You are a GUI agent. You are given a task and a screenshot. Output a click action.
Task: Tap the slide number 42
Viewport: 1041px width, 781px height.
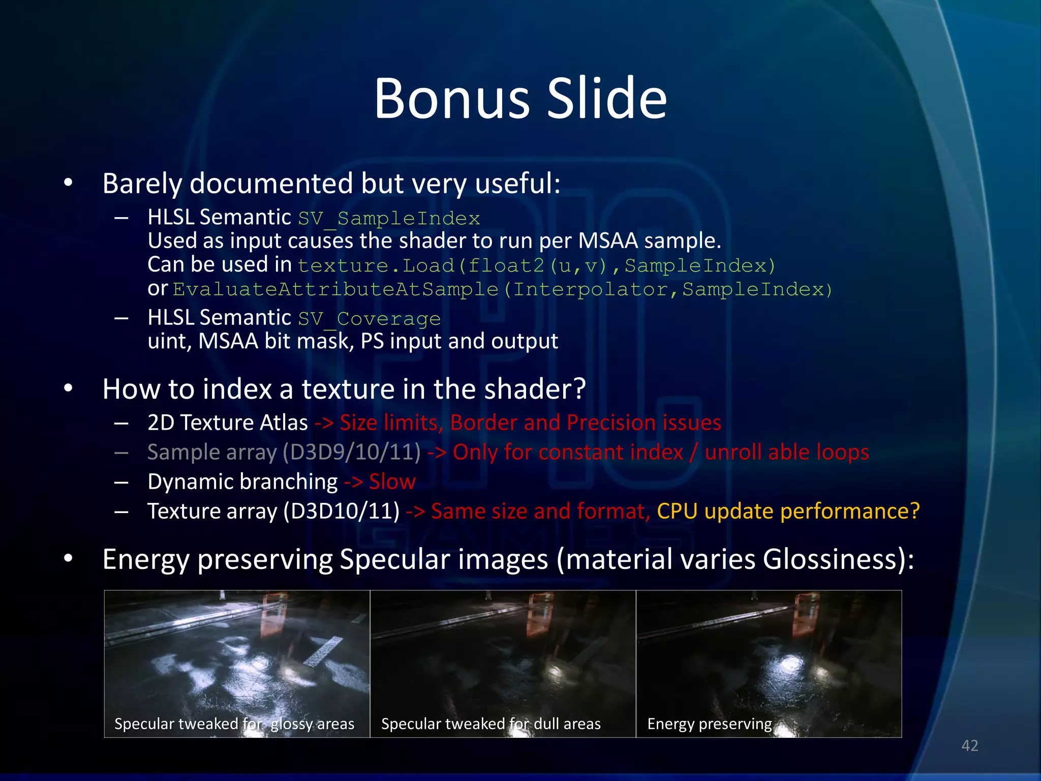tap(969, 745)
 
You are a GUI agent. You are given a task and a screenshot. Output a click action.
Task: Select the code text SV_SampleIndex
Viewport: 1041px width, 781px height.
tap(389, 219)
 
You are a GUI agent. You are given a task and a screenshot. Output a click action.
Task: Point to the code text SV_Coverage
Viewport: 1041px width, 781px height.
tap(369, 319)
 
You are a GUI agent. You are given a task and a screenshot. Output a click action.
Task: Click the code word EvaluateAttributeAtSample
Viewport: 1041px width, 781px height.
tap(335, 289)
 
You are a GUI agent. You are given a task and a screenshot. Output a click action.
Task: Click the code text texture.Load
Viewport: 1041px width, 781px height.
tap(376, 265)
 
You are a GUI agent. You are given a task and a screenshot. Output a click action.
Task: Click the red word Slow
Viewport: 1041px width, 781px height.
tap(392, 482)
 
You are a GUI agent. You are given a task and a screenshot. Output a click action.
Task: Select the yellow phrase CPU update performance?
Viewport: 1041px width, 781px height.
tap(788, 511)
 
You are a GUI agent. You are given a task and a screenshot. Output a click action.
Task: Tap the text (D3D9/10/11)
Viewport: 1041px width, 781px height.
tap(352, 452)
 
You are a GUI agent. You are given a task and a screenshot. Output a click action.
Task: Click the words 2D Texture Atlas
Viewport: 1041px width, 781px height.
tap(228, 423)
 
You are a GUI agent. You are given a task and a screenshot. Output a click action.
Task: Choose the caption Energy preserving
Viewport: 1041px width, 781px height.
tap(709, 724)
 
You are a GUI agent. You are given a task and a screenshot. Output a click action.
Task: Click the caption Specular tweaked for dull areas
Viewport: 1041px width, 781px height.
tap(491, 724)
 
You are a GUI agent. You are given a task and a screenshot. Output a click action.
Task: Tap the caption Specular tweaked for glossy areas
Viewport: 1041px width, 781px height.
tap(234, 724)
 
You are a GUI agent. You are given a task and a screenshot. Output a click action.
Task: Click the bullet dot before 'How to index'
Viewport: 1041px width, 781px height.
tap(69, 389)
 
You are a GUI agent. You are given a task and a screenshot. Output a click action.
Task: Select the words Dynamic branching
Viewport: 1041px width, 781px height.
tap(242, 482)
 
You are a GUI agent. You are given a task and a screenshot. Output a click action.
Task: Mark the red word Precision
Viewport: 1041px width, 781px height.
tap(610, 423)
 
